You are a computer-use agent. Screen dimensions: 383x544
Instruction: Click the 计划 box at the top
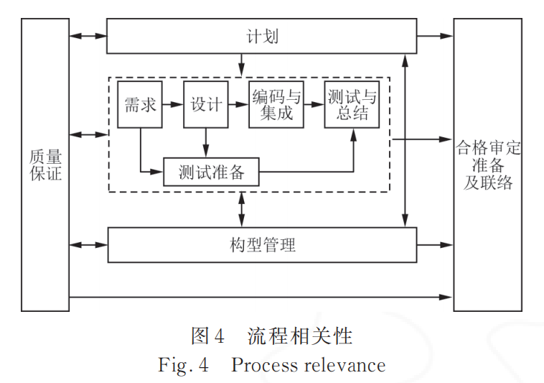[x=261, y=36]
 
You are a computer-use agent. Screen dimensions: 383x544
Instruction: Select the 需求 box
[x=140, y=105]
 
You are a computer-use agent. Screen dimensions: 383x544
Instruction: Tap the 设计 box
[x=205, y=105]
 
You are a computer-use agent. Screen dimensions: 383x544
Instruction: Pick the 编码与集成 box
[x=276, y=105]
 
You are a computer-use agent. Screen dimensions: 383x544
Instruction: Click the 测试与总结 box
[x=351, y=105]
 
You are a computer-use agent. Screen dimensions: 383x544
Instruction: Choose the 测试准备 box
[x=211, y=172]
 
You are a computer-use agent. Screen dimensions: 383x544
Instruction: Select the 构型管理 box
[x=261, y=244]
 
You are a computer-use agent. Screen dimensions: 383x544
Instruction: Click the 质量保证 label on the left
[x=45, y=164]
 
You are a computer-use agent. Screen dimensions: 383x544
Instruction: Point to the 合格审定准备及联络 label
[x=488, y=165]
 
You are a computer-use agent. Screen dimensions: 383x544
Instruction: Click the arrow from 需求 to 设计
[x=173, y=105]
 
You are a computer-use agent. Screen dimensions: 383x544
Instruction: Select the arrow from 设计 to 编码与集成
[x=238, y=105]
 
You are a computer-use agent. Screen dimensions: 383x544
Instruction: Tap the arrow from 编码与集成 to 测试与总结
[x=314, y=105]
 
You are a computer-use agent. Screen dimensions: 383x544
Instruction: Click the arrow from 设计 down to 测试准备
[x=207, y=142]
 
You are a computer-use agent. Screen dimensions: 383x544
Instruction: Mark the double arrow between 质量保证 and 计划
[x=88, y=35]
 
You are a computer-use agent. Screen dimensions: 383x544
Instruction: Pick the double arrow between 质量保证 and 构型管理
[x=88, y=245]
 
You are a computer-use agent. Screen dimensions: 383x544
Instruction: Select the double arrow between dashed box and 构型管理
[x=241, y=209]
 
